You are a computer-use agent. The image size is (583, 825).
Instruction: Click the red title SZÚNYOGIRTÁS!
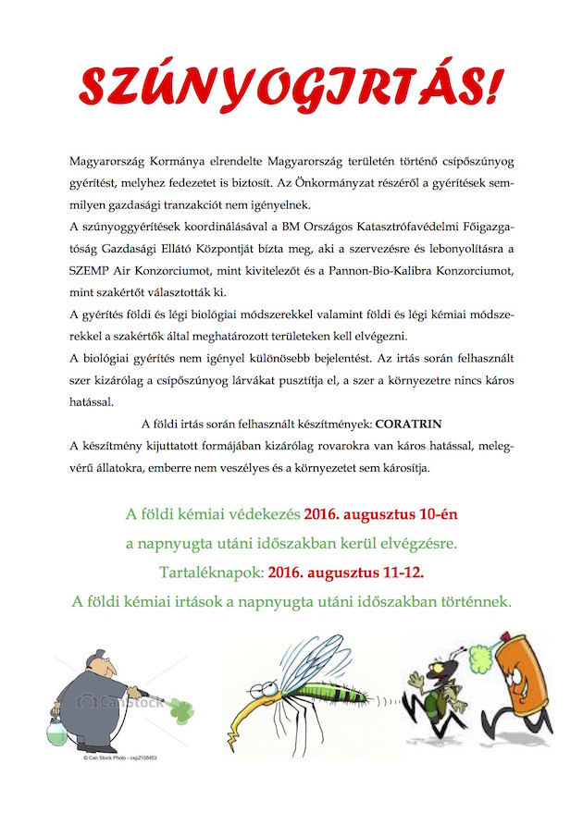click(x=291, y=86)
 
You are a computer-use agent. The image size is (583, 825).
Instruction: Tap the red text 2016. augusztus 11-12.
click(x=347, y=573)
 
